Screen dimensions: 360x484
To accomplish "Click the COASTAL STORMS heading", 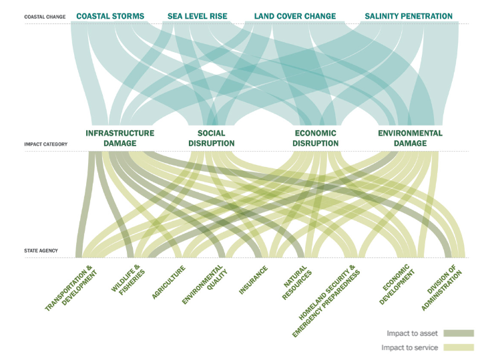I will pyautogui.click(x=110, y=16).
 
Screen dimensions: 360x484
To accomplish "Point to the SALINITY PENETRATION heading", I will pyautogui.click(x=409, y=16).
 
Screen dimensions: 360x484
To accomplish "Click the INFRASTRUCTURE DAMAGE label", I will pyautogui.click(x=120, y=138).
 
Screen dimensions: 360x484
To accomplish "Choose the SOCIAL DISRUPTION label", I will pyautogui.click(x=211, y=138).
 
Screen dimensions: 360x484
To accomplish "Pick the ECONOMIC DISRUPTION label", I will pyautogui.click(x=316, y=138).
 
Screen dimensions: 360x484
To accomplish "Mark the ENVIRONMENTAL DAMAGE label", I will pyautogui.click(x=410, y=138).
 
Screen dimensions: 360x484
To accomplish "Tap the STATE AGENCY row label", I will pyautogui.click(x=41, y=251).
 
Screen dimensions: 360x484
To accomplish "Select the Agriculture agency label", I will pyautogui.click(x=168, y=282).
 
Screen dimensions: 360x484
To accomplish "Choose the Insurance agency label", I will pyautogui.click(x=254, y=280).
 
